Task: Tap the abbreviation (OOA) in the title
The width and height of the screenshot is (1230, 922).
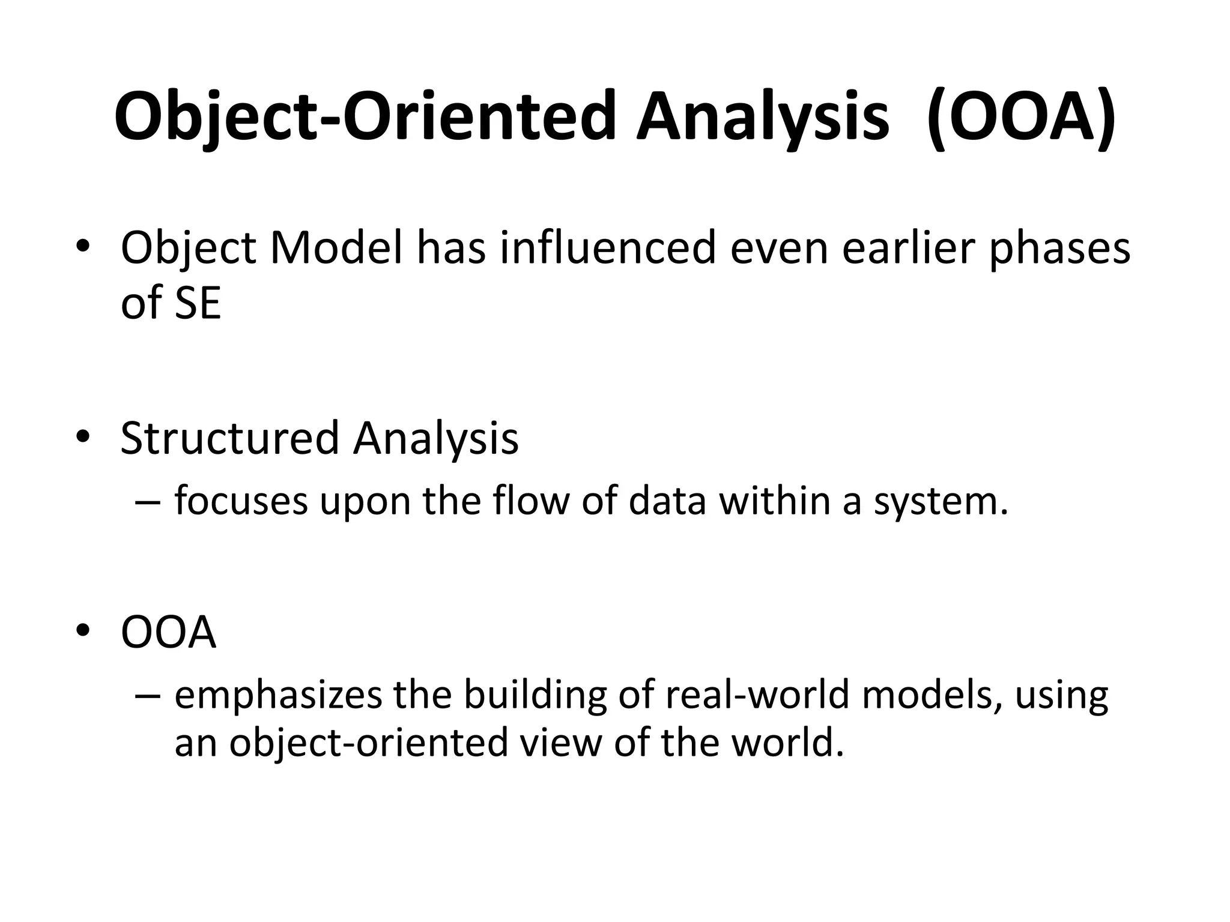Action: click(x=1022, y=117)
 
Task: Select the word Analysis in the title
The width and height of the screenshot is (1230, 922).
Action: click(x=763, y=117)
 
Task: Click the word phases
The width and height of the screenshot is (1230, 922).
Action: click(x=1059, y=249)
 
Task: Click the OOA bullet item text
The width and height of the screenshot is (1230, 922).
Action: click(x=168, y=633)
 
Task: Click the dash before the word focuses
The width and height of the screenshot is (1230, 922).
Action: click(x=148, y=502)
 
